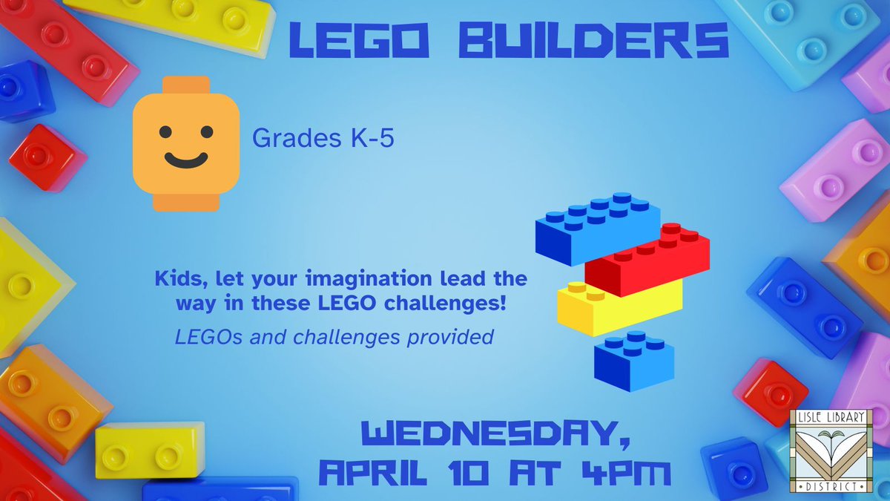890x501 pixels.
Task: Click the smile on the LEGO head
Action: tap(186, 158)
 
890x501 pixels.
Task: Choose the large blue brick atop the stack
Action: tap(597, 226)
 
